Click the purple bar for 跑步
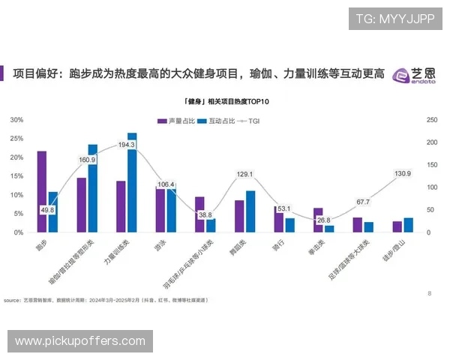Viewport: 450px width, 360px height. pyautogui.click(x=42, y=192)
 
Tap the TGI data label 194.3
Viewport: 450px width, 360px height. pyautogui.click(x=126, y=145)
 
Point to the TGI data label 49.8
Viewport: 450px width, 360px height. pyautogui.click(x=47, y=210)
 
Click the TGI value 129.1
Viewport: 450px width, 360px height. pyautogui.click(x=244, y=175)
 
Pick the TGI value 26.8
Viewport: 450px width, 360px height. pyautogui.click(x=323, y=220)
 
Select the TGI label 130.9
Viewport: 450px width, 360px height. pyautogui.click(x=402, y=174)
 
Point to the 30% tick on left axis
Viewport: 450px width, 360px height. pyautogui.click(x=16, y=120)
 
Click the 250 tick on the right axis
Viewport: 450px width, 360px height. pyautogui.click(x=431, y=120)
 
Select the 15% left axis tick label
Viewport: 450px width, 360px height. pyautogui.click(x=16, y=176)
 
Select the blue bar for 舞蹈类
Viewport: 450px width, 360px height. pyautogui.click(x=250, y=211)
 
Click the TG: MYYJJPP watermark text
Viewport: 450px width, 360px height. pyautogui.click(x=395, y=19)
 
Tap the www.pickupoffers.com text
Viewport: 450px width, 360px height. pyautogui.click(x=80, y=341)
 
